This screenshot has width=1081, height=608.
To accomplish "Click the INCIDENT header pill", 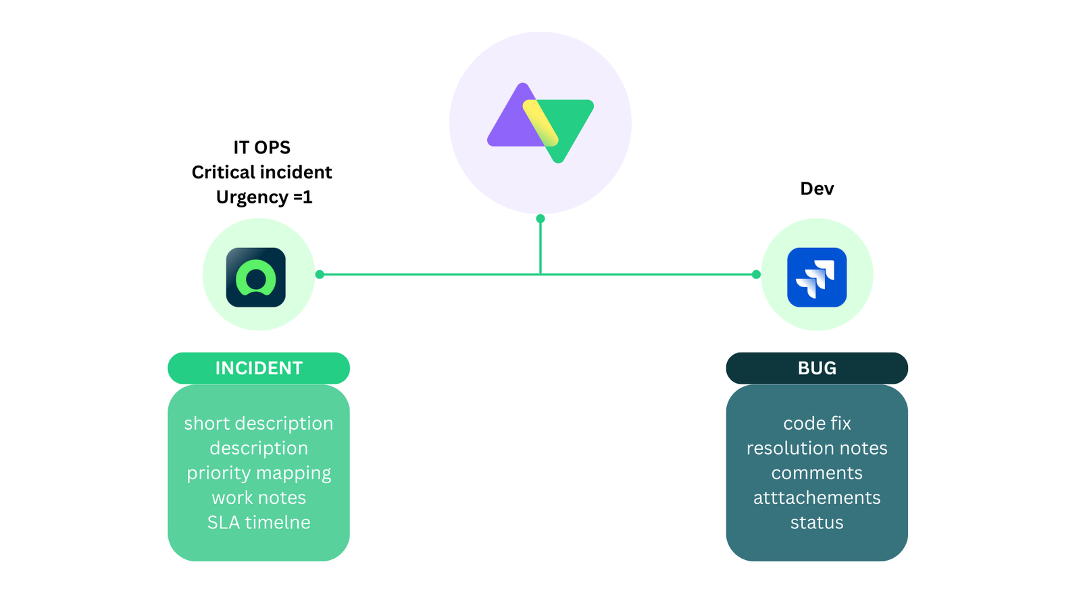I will click(259, 368).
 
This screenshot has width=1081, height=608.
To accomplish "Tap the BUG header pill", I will click(817, 368).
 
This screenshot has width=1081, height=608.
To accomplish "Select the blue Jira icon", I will click(817, 277).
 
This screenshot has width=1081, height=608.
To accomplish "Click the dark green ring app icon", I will click(255, 277).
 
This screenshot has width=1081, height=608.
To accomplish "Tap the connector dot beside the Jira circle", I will click(756, 274).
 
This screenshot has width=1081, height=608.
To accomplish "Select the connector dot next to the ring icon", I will click(320, 274).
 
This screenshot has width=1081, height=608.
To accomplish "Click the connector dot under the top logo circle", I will click(540, 218).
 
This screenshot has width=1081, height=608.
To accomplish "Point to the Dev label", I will click(817, 188).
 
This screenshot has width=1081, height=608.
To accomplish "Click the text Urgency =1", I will click(264, 197).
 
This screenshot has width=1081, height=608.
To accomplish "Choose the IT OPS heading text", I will click(261, 147).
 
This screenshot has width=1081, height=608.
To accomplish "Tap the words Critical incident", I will click(261, 172).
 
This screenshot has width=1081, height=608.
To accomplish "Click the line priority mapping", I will click(259, 473).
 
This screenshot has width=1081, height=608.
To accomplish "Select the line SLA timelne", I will click(259, 522).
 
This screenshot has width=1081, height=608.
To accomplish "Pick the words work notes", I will click(259, 498).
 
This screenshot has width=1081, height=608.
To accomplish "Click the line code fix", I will click(817, 424).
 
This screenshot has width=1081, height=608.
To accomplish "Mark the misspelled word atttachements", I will click(817, 498).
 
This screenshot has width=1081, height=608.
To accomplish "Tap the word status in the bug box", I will click(817, 522).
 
